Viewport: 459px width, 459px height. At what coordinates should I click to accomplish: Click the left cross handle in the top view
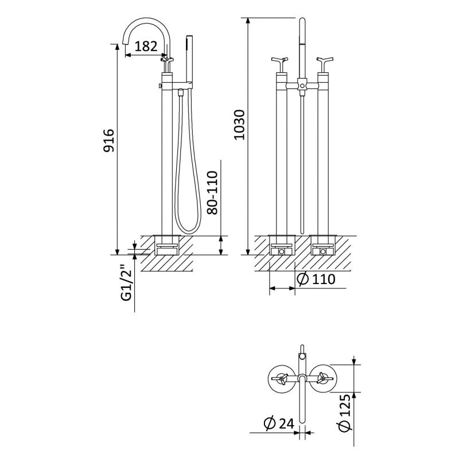tap(282, 379)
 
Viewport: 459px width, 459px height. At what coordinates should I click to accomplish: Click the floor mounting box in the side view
tap(168, 245)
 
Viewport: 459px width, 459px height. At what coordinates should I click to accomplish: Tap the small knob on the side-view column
tap(161, 85)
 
